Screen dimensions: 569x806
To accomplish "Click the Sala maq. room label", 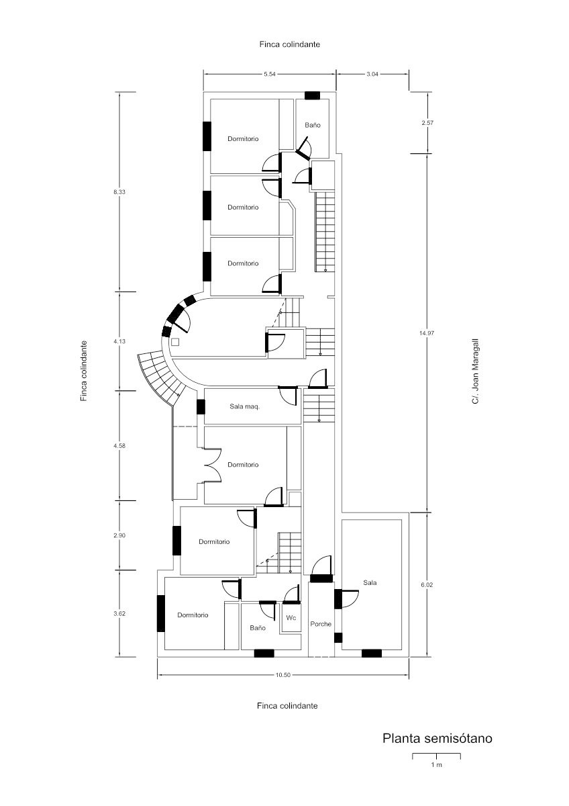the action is pyautogui.click(x=244, y=407).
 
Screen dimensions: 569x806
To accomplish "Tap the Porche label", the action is pyautogui.click(x=321, y=624).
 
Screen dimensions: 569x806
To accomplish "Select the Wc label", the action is pyautogui.click(x=291, y=618).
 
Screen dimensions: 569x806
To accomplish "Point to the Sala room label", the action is pyautogui.click(x=370, y=582).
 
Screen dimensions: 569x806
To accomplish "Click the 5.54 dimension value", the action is pyautogui.click(x=270, y=74).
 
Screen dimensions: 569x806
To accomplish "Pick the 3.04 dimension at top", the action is pyautogui.click(x=372, y=74).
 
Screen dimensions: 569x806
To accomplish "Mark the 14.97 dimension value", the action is pyautogui.click(x=427, y=333).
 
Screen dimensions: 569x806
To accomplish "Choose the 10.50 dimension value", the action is pyautogui.click(x=283, y=675).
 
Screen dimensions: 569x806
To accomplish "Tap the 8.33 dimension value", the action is pyautogui.click(x=119, y=192).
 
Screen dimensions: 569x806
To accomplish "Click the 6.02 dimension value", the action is pyautogui.click(x=427, y=585).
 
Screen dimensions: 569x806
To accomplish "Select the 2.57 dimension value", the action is pyautogui.click(x=427, y=123).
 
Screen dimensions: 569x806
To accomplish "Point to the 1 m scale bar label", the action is pyautogui.click(x=436, y=764).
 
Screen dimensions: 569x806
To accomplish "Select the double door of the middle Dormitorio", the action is pyautogui.click(x=213, y=465).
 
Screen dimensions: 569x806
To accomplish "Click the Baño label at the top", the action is pyautogui.click(x=313, y=125).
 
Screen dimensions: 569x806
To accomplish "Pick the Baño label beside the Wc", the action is pyautogui.click(x=258, y=628).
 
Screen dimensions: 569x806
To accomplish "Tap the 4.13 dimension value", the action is pyautogui.click(x=119, y=341).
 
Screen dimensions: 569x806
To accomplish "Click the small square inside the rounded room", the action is pyautogui.click(x=175, y=341).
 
